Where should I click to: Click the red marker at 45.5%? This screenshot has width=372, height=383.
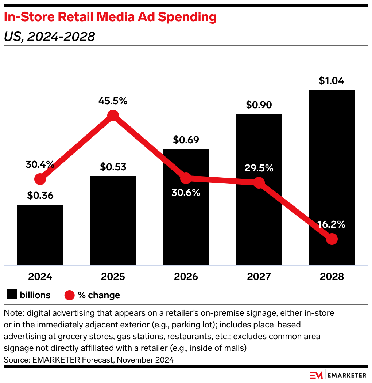pos(113,115)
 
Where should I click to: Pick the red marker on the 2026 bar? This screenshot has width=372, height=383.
pos(186,178)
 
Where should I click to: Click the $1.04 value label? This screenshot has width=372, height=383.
pos(332,81)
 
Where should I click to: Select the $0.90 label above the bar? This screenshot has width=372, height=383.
pos(259,105)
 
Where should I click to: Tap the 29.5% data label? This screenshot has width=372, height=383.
pos(259,168)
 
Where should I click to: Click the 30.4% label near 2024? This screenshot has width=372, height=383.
pos(40,165)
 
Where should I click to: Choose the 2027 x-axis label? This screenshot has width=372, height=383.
pos(259,277)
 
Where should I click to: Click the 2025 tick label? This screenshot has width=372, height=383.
pos(113,277)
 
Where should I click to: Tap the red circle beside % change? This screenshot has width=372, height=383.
pos(70,295)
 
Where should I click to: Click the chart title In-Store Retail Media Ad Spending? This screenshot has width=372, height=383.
pos(110,17)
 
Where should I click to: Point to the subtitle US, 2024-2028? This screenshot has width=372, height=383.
pos(49,37)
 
